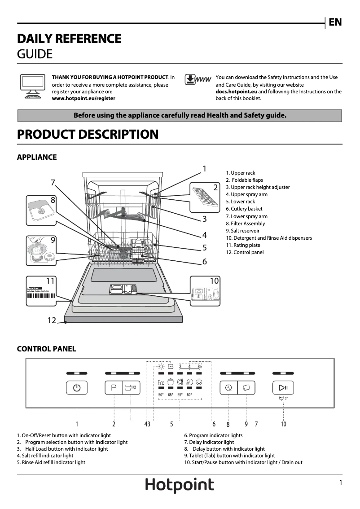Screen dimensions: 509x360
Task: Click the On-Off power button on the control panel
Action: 77,387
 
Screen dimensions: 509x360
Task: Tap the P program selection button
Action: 114,387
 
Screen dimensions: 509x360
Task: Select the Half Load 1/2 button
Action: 131,387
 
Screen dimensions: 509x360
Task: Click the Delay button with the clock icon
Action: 228,387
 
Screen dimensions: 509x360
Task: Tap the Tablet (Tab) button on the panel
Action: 246,387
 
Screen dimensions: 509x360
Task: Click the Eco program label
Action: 161,382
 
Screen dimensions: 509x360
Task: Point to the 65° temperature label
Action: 171,395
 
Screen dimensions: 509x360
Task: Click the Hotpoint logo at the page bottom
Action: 180,485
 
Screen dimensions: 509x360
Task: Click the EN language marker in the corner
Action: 335,22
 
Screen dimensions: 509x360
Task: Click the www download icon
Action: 198,80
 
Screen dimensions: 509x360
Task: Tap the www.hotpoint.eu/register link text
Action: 83,98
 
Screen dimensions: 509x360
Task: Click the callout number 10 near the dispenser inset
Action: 214,281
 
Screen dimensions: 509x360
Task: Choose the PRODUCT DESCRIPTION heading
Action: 88,134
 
